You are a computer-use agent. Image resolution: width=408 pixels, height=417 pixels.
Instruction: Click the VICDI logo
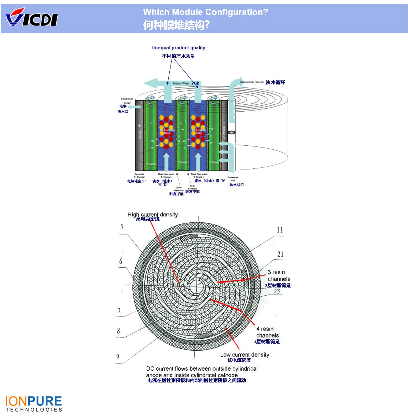[x=32, y=18]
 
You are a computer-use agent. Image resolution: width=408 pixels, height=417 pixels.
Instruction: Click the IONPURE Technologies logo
[x=34, y=404]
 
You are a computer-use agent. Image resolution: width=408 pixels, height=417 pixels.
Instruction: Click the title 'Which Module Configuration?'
[x=205, y=12]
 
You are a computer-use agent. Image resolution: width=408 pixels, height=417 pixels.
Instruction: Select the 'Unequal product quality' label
[x=178, y=48]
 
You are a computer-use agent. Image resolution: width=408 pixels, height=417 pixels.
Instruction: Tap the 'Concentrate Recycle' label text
[x=252, y=82]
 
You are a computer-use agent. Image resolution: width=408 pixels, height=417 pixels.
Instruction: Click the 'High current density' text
[x=153, y=215]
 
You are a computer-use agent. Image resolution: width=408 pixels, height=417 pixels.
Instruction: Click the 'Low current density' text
[x=245, y=355]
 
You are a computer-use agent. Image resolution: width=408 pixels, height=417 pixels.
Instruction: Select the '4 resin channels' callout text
[x=267, y=332]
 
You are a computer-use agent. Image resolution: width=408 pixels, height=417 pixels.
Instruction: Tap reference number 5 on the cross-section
[x=122, y=227]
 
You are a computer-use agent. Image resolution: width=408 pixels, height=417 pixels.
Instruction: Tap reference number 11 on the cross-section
[x=280, y=230]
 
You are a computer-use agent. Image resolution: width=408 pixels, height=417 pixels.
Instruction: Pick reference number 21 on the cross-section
[x=280, y=254]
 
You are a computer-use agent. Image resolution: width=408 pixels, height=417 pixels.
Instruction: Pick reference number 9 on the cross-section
[x=118, y=357]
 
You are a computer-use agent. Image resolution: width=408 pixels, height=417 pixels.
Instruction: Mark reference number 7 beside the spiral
[x=119, y=311]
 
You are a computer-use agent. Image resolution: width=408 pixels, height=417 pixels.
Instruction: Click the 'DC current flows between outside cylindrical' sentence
[x=202, y=369]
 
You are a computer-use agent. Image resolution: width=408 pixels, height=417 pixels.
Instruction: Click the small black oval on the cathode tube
[x=231, y=133]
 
